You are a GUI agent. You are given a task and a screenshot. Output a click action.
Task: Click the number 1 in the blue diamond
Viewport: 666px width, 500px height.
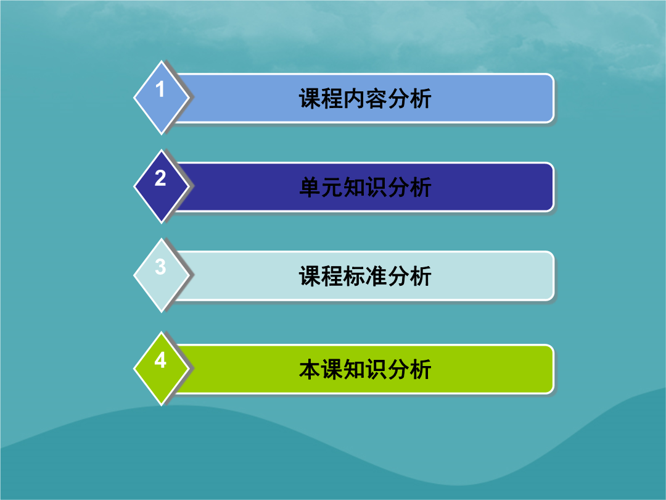coord(160,90)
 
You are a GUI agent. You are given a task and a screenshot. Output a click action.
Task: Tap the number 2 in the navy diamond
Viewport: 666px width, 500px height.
coord(160,178)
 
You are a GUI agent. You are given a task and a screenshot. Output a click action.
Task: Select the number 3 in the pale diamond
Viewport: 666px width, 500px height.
coord(160,267)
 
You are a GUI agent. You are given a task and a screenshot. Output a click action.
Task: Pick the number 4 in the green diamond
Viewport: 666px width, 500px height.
coord(160,360)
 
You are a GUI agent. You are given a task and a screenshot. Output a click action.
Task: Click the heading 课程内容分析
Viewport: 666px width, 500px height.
coord(365,99)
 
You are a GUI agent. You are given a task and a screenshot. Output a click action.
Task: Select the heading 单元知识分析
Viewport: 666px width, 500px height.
coord(365,187)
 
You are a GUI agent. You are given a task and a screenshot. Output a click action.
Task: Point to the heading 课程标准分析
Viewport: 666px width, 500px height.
coord(365,276)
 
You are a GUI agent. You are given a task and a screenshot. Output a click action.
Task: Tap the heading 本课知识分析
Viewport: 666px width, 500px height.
coord(365,369)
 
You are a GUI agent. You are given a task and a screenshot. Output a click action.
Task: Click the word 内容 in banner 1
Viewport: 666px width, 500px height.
coord(365,99)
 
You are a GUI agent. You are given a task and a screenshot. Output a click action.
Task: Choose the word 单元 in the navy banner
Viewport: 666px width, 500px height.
coord(321,187)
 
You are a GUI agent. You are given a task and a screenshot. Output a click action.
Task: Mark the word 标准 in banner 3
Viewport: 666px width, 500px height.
coord(365,276)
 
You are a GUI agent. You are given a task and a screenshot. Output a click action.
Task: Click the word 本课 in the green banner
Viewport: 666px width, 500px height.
coord(321,369)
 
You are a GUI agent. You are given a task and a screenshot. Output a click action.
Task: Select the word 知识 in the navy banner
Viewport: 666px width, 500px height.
coord(365,187)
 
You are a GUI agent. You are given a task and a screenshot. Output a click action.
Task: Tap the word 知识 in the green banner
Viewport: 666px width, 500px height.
coord(365,369)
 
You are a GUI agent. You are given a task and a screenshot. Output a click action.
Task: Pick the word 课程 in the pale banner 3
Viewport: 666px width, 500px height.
coord(321,276)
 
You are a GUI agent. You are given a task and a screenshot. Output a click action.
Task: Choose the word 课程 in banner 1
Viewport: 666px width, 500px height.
coord(321,99)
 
